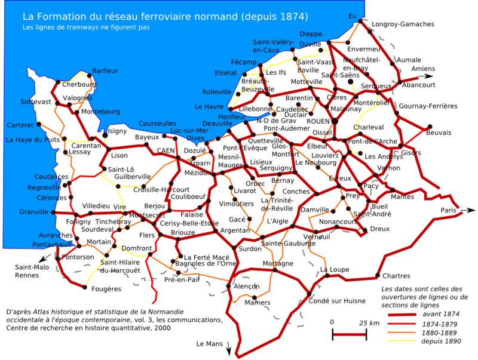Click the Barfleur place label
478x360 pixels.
click(x=105, y=71)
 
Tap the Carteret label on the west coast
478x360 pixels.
click(x=20, y=125)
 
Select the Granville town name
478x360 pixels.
click(x=33, y=212)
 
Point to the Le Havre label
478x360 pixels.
click(x=209, y=107)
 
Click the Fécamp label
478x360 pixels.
click(x=244, y=62)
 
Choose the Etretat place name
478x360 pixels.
click(x=226, y=73)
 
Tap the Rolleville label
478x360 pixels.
click(x=216, y=92)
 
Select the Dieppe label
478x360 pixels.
click(x=311, y=34)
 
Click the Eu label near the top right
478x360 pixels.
click(x=353, y=16)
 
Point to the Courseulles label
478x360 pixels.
click(x=157, y=124)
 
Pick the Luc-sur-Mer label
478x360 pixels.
click(x=189, y=131)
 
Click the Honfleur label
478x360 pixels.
click(x=232, y=117)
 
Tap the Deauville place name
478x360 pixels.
click(x=217, y=124)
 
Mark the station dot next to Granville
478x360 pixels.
click(x=53, y=213)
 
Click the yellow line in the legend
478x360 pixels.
click(x=401, y=340)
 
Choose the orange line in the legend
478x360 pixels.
click(x=401, y=332)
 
